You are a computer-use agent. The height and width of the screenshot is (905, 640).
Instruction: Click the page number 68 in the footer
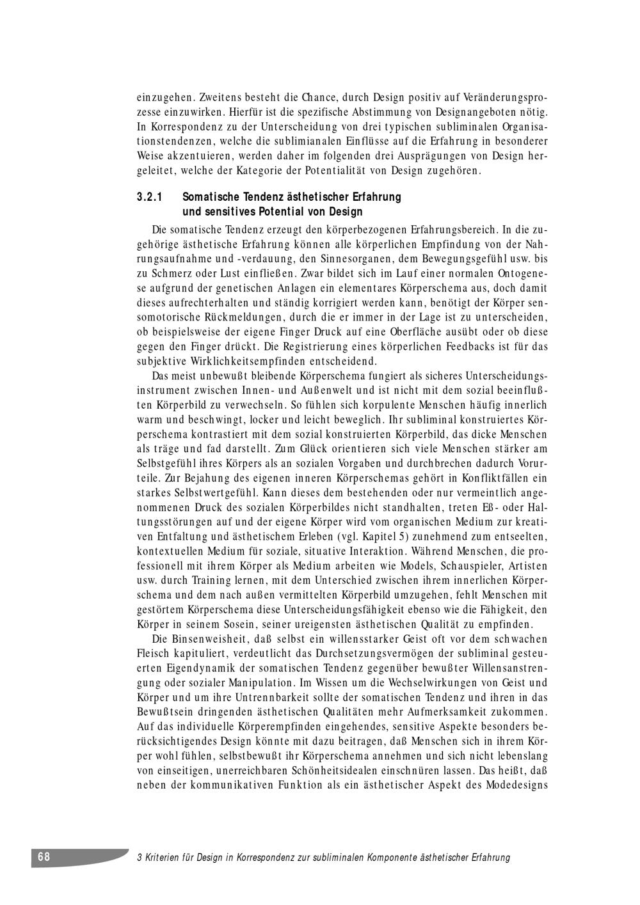(x=43, y=857)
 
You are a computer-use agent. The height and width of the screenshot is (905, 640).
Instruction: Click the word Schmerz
(x=177, y=274)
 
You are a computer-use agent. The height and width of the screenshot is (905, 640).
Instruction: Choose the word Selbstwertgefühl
(x=198, y=492)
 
